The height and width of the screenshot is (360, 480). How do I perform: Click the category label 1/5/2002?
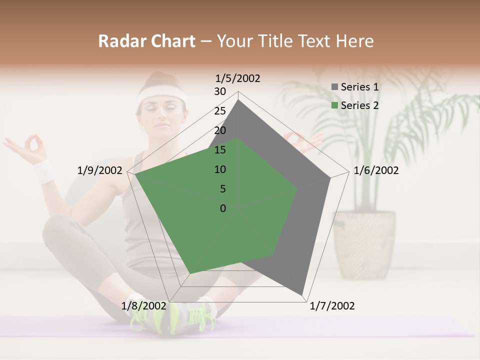[x=237, y=78]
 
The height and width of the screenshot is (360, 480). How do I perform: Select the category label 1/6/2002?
[x=376, y=170]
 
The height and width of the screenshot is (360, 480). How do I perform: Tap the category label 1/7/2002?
[x=332, y=306]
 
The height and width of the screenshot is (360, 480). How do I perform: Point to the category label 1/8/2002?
[x=143, y=306]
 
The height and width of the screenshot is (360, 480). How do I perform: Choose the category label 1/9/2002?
[x=99, y=170]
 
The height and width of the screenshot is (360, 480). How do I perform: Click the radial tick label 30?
[x=220, y=91]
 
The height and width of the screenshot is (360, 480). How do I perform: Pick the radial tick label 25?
[x=220, y=111]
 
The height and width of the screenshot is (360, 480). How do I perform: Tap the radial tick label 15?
[x=220, y=150]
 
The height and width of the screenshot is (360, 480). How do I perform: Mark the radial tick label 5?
[x=222, y=189]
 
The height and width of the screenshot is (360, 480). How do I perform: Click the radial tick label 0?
[x=223, y=208]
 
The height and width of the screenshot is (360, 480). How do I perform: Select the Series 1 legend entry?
[x=355, y=87]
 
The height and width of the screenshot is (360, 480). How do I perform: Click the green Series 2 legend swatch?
[x=334, y=105]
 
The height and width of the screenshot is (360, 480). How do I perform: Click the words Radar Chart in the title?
[x=146, y=41]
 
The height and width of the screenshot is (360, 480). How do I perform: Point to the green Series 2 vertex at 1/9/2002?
[x=135, y=174]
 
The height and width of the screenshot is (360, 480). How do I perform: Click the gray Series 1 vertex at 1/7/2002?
[x=302, y=294]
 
